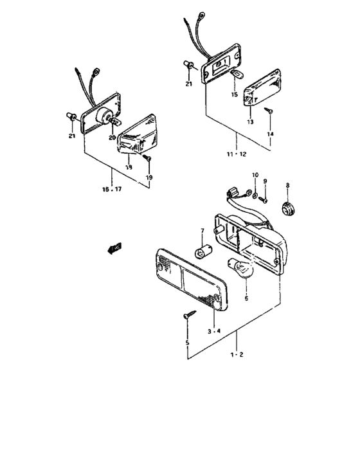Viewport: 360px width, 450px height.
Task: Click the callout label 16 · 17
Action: coord(112,190)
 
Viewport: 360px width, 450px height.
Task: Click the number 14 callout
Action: coord(270,134)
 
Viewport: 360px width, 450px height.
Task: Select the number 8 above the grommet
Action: coord(287,185)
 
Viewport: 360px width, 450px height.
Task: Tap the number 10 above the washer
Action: coord(255,175)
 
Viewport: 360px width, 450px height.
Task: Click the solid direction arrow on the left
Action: coord(115,247)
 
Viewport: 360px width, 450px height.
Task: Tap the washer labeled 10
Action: coord(255,194)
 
